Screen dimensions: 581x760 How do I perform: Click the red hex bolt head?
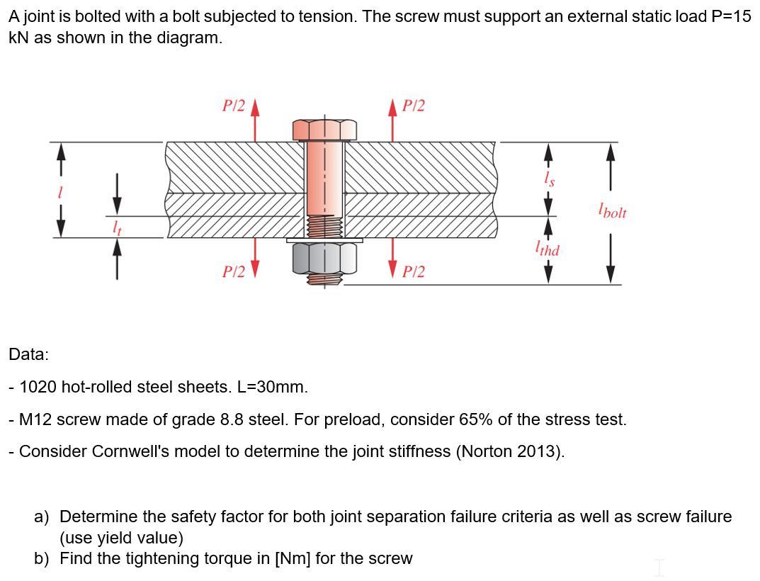tap(325, 130)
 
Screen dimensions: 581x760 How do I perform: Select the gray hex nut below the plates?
tap(325, 256)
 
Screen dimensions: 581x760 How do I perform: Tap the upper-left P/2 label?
tap(233, 106)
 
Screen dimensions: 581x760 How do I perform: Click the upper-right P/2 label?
tap(413, 106)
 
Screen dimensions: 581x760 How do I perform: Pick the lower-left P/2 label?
tap(233, 271)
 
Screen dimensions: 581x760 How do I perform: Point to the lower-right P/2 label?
tap(413, 271)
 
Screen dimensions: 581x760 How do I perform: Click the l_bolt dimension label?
tap(612, 211)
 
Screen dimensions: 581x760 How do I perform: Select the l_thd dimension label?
tap(548, 249)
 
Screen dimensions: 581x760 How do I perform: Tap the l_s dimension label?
tap(548, 180)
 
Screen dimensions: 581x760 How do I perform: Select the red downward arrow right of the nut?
tap(392, 259)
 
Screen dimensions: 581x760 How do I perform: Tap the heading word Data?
tap(28, 354)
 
